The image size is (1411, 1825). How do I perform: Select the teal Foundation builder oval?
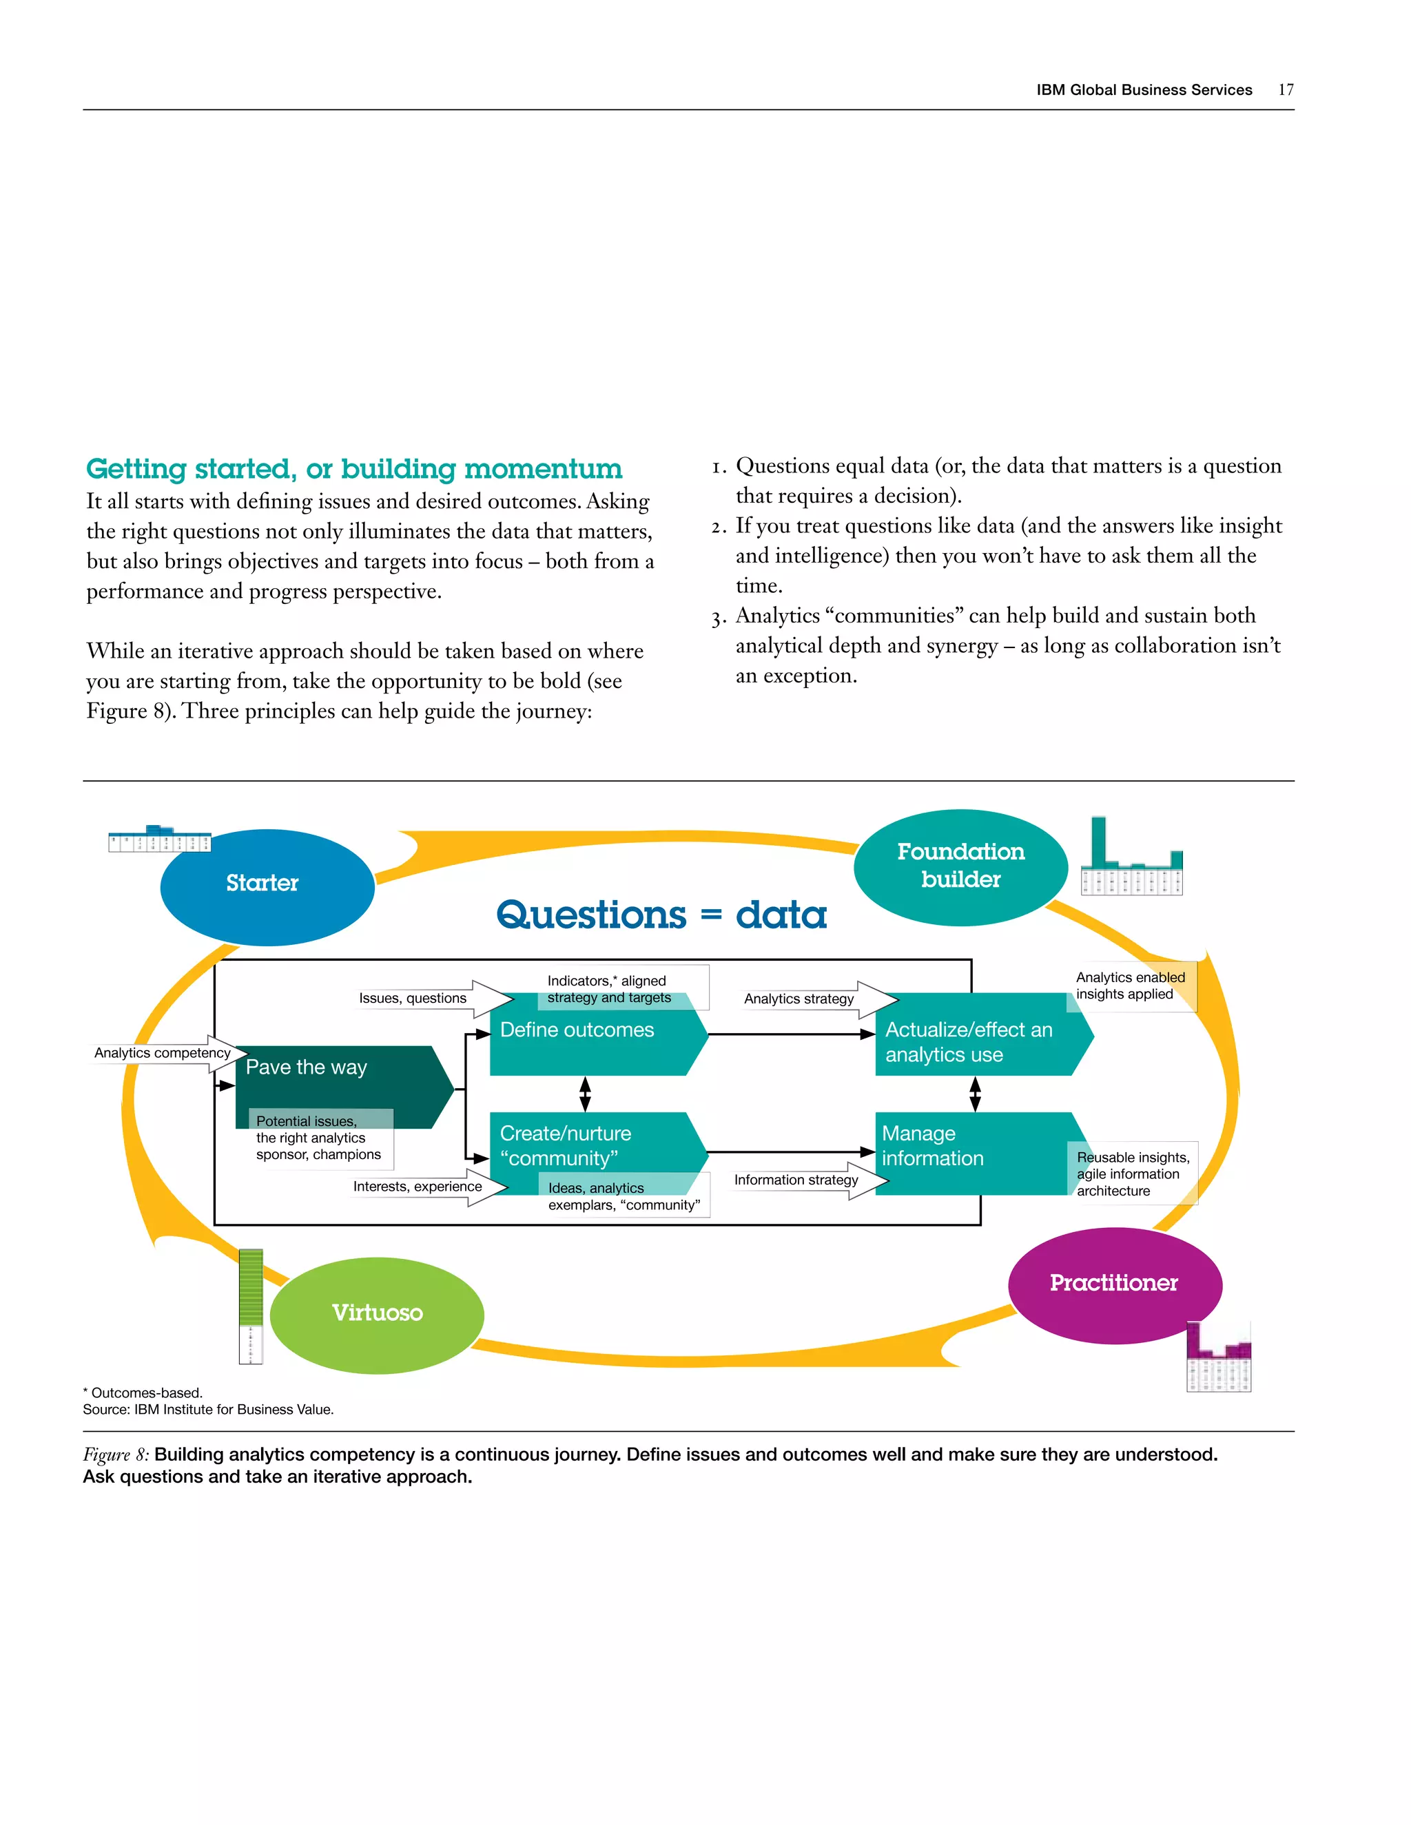960,867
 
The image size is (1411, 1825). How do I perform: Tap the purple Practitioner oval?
1114,1284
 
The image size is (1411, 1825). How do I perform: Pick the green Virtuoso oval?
377,1315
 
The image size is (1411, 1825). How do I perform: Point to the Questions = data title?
661,915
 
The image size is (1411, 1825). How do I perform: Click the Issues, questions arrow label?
413,999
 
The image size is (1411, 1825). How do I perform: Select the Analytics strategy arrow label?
799,999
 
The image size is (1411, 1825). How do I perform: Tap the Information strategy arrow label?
796,1180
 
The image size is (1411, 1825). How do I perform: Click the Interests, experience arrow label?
417,1187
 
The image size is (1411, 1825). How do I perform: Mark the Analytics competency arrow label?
162,1053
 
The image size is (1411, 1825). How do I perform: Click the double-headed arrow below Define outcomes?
585,1094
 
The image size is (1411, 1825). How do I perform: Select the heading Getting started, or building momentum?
354,469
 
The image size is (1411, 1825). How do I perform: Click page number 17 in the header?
1286,90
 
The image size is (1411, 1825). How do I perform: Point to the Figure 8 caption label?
115,1454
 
